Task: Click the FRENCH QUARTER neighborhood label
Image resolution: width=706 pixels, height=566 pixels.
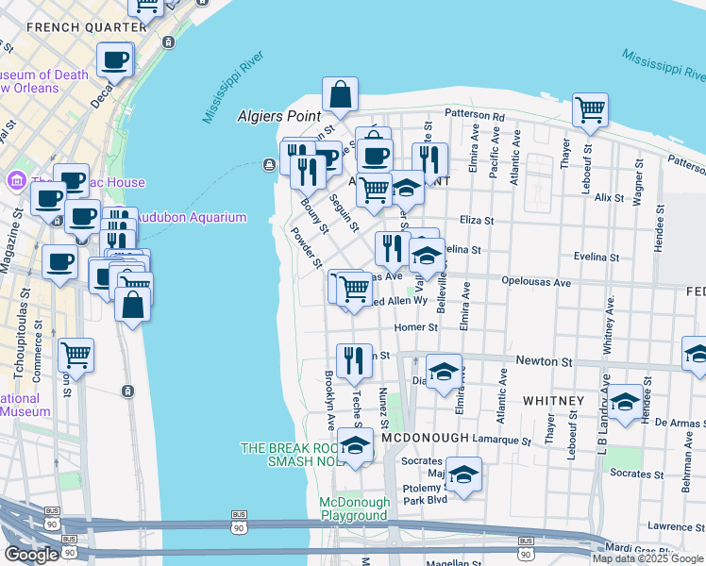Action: click(73, 27)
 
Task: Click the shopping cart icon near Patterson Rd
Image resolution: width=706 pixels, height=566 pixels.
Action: click(591, 109)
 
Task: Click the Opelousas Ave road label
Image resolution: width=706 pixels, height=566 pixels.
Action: click(536, 282)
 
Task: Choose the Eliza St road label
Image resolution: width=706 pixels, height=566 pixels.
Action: click(477, 220)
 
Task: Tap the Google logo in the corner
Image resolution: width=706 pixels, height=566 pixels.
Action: click(31, 554)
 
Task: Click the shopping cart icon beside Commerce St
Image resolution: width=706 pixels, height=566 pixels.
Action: click(76, 356)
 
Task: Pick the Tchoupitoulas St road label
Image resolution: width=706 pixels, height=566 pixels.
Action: click(25, 322)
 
